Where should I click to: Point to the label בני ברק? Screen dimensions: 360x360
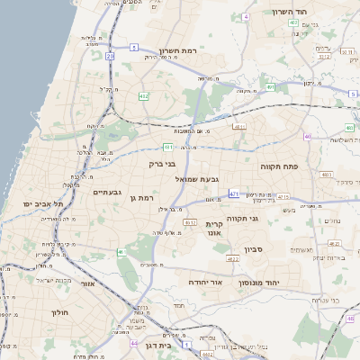[x=162, y=165]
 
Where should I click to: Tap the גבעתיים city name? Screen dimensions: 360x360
[x=107, y=192]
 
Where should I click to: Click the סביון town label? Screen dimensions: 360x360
[x=253, y=248]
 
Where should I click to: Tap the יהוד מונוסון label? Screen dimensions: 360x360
[x=260, y=283]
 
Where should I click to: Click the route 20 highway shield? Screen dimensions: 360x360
[x=109, y=56]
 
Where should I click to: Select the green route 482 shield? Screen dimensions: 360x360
[x=144, y=95]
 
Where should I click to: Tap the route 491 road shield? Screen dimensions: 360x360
[x=270, y=87]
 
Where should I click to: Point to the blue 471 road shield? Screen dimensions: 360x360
[x=234, y=193]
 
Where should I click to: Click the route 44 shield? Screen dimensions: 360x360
[x=134, y=344]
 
